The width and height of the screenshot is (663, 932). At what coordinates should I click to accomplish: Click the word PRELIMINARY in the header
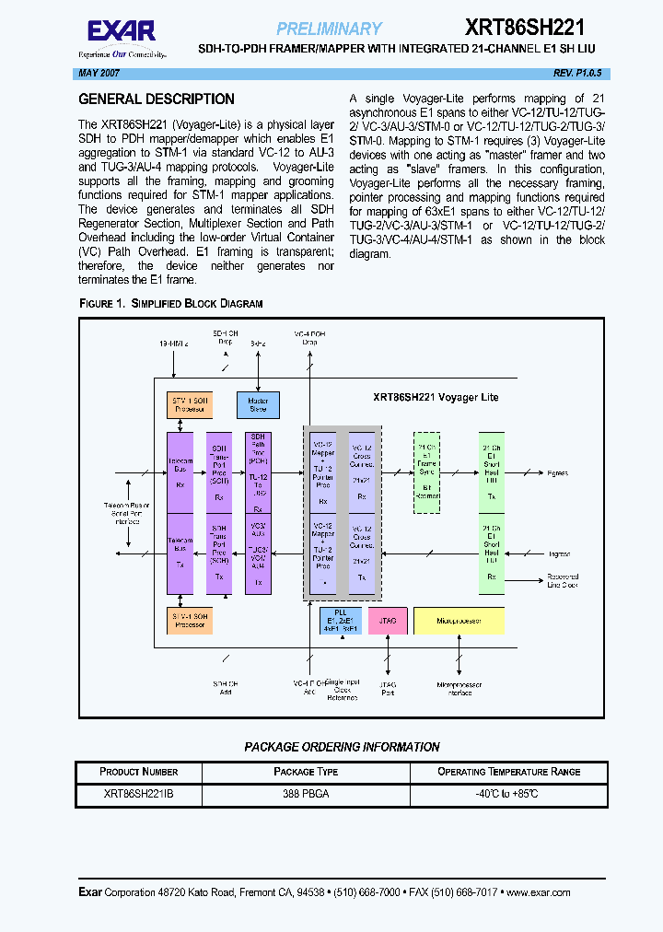329,29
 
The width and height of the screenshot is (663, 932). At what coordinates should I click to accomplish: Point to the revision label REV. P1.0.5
577,73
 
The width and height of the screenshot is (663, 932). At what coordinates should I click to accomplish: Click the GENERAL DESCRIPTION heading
157,99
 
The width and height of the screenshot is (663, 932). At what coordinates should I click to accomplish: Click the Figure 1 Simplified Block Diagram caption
170,303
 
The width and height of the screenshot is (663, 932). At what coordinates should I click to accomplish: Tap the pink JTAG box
388,621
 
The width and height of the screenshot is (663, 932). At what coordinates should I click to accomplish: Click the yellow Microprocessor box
459,621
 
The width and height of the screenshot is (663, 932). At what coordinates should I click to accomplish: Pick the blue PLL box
341,621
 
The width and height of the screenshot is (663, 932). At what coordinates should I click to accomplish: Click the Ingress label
559,553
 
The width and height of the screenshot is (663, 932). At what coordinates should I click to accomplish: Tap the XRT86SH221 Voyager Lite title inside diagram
436,397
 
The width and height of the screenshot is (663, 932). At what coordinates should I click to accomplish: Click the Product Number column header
138,772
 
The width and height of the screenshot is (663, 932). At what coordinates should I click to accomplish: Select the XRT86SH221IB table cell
138,793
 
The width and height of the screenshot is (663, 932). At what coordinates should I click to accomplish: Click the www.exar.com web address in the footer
538,891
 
